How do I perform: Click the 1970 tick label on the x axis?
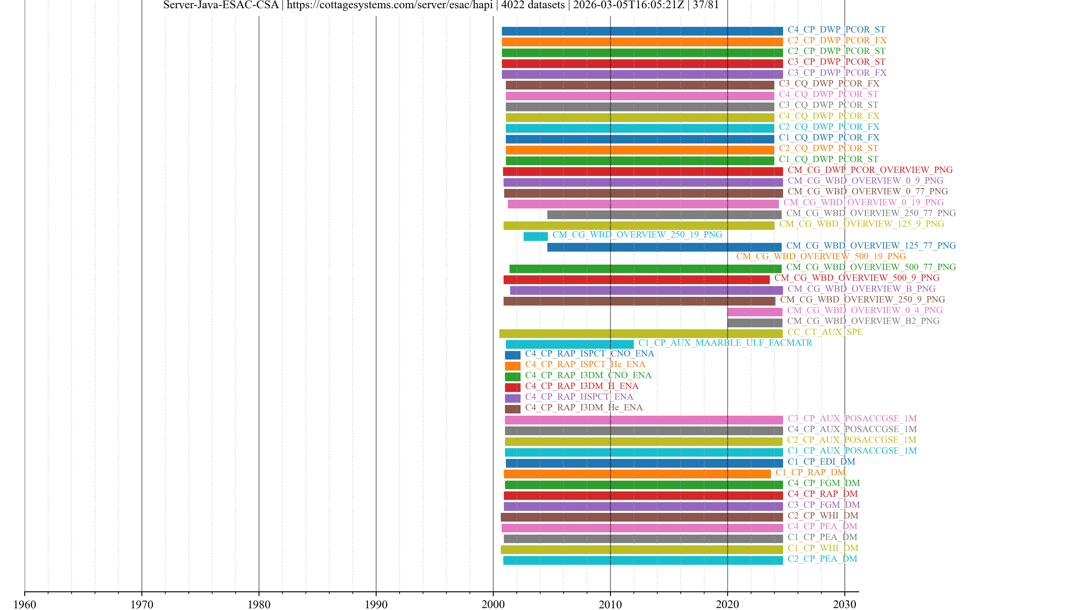(x=142, y=604)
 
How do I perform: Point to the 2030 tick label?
(x=844, y=604)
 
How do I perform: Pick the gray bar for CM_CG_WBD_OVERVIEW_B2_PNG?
(x=755, y=323)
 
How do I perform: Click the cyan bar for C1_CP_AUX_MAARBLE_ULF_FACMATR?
(x=569, y=344)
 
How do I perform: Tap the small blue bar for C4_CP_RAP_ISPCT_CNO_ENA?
(x=513, y=355)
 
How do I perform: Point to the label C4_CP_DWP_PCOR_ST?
(x=836, y=29)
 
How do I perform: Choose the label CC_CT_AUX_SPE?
(x=825, y=332)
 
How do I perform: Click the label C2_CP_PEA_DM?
(x=822, y=559)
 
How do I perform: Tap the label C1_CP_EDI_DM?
(x=821, y=461)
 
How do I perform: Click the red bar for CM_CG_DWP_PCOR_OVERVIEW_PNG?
(x=642, y=172)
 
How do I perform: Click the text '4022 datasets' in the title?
(x=533, y=5)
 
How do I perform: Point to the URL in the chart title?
(x=389, y=5)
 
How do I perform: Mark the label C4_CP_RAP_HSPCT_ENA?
(x=579, y=396)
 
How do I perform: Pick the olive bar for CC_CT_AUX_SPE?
(x=641, y=334)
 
